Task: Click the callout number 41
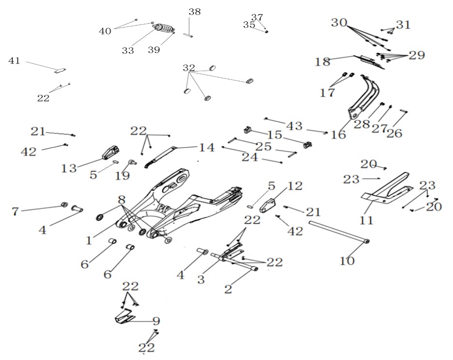(14, 60)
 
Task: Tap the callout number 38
(195, 12)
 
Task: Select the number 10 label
(347, 261)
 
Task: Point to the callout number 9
(156, 321)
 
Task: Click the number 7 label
(15, 211)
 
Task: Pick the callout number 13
(69, 168)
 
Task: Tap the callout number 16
(338, 135)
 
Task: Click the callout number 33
(128, 50)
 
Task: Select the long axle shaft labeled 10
(339, 231)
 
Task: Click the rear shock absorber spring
(164, 29)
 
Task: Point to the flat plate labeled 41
(60, 71)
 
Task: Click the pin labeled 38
(188, 35)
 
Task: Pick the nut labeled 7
(64, 205)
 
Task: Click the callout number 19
(122, 175)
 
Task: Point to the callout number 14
(207, 148)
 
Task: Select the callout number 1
(89, 240)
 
